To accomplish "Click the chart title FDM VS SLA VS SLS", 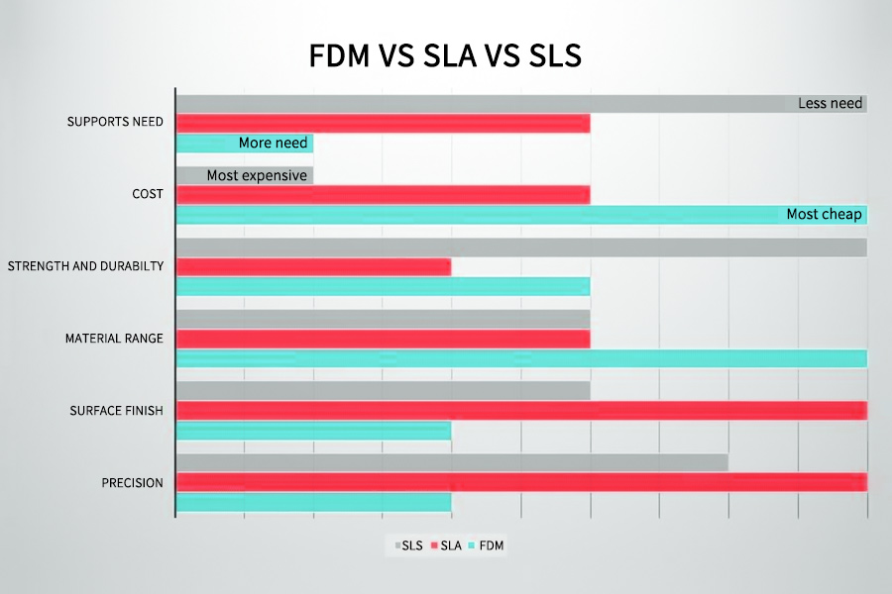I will pos(445,56).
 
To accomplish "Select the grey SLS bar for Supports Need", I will pos(486,103).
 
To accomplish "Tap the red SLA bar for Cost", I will pos(383,194).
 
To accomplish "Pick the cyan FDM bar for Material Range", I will pos(521,358).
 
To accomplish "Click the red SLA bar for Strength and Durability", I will pos(313,266).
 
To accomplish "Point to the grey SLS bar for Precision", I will pos(452,462).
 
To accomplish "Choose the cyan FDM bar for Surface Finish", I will pos(313,431).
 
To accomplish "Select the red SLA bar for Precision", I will pos(521,482).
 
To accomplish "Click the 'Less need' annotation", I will pos(831,103).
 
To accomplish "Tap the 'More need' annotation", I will pos(273,144).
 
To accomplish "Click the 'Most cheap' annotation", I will pos(824,214).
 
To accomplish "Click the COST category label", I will pos(147,193).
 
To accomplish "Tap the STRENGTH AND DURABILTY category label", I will pos(85,266).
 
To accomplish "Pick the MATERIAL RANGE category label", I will pos(114,339).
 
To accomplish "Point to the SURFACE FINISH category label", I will pos(116,411).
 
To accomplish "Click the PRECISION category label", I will pos(132,483).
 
